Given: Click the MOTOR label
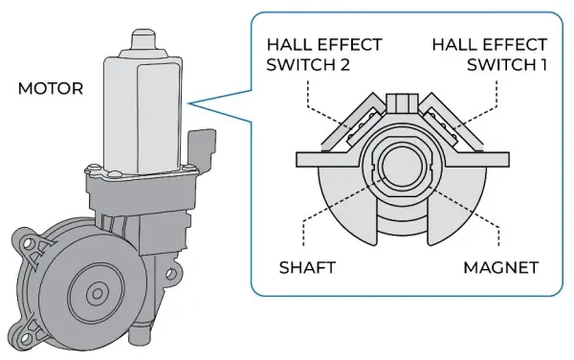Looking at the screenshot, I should (51, 89).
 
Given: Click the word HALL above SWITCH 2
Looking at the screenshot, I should (286, 45).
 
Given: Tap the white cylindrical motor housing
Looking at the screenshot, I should (143, 105).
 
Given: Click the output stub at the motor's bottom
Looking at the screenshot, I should (141, 337).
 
